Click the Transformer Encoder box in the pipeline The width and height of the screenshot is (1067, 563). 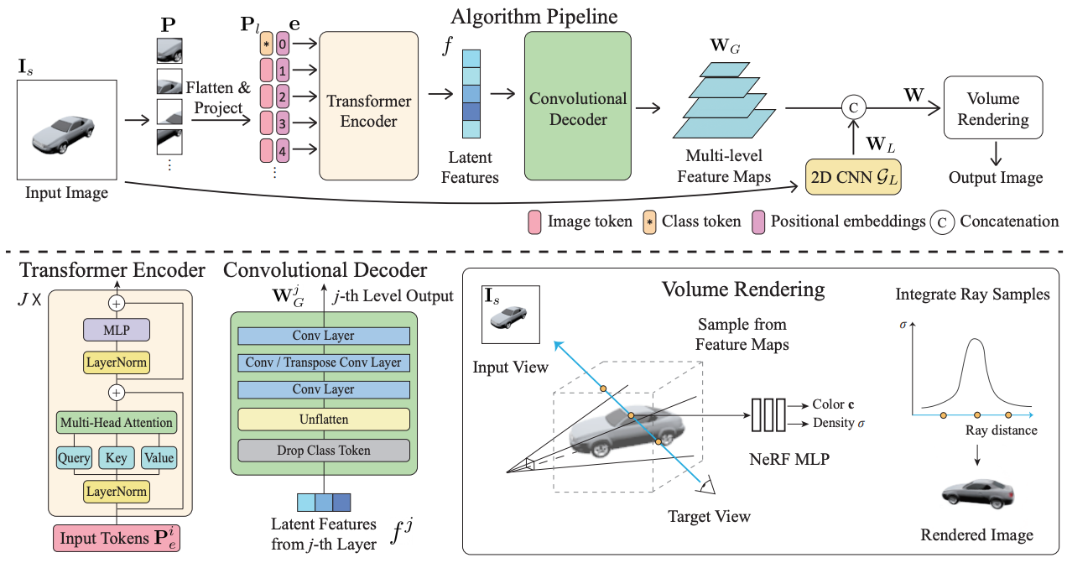(x=369, y=106)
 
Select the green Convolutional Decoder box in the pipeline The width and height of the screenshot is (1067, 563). (x=578, y=106)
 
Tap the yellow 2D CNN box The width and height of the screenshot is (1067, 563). (x=853, y=177)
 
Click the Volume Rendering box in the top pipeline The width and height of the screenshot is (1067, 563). (x=993, y=107)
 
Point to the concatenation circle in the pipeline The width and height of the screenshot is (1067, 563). (x=853, y=107)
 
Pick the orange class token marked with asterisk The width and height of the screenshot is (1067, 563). (x=266, y=44)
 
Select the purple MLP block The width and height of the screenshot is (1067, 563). (x=117, y=330)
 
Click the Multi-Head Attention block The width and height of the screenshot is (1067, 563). (x=117, y=423)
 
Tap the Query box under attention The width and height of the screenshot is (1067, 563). (x=74, y=458)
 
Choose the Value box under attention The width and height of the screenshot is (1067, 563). (x=159, y=458)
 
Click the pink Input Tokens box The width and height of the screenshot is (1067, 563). (x=117, y=538)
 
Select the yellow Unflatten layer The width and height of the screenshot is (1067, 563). (x=324, y=420)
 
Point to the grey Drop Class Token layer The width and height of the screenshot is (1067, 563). (x=324, y=450)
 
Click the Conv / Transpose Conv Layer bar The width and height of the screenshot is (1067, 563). (x=324, y=362)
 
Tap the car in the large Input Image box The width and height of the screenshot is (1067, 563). (x=64, y=134)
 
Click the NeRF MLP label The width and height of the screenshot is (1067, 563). (x=789, y=459)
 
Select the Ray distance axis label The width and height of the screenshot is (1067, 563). (x=1002, y=430)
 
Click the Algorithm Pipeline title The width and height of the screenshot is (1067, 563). (x=534, y=17)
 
